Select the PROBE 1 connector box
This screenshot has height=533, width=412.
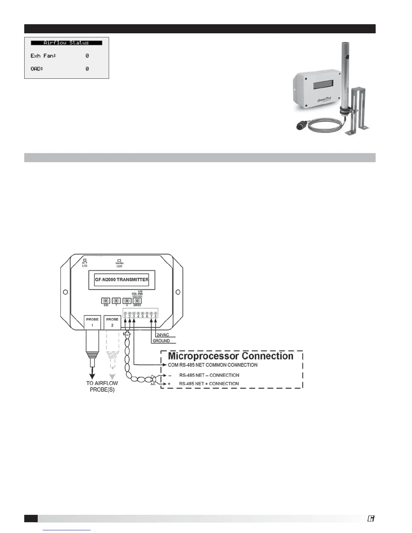coord(92,322)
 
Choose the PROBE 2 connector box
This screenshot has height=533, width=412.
coord(112,322)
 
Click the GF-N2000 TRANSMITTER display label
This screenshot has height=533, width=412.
coord(122,280)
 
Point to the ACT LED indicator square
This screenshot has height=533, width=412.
coord(85,260)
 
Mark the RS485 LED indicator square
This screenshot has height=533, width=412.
coord(119,260)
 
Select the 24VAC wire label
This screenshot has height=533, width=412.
coord(164,335)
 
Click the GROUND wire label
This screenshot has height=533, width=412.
coord(161,341)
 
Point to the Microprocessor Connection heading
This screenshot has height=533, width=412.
coord(231,356)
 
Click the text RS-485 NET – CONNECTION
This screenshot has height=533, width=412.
coord(209,375)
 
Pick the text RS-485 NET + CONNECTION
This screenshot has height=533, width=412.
coord(209,384)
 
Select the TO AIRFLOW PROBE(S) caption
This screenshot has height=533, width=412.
coord(102,386)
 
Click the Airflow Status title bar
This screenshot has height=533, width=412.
coord(66,43)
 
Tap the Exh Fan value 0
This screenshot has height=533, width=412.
coord(87,56)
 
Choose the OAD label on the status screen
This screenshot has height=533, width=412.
coord(37,69)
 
